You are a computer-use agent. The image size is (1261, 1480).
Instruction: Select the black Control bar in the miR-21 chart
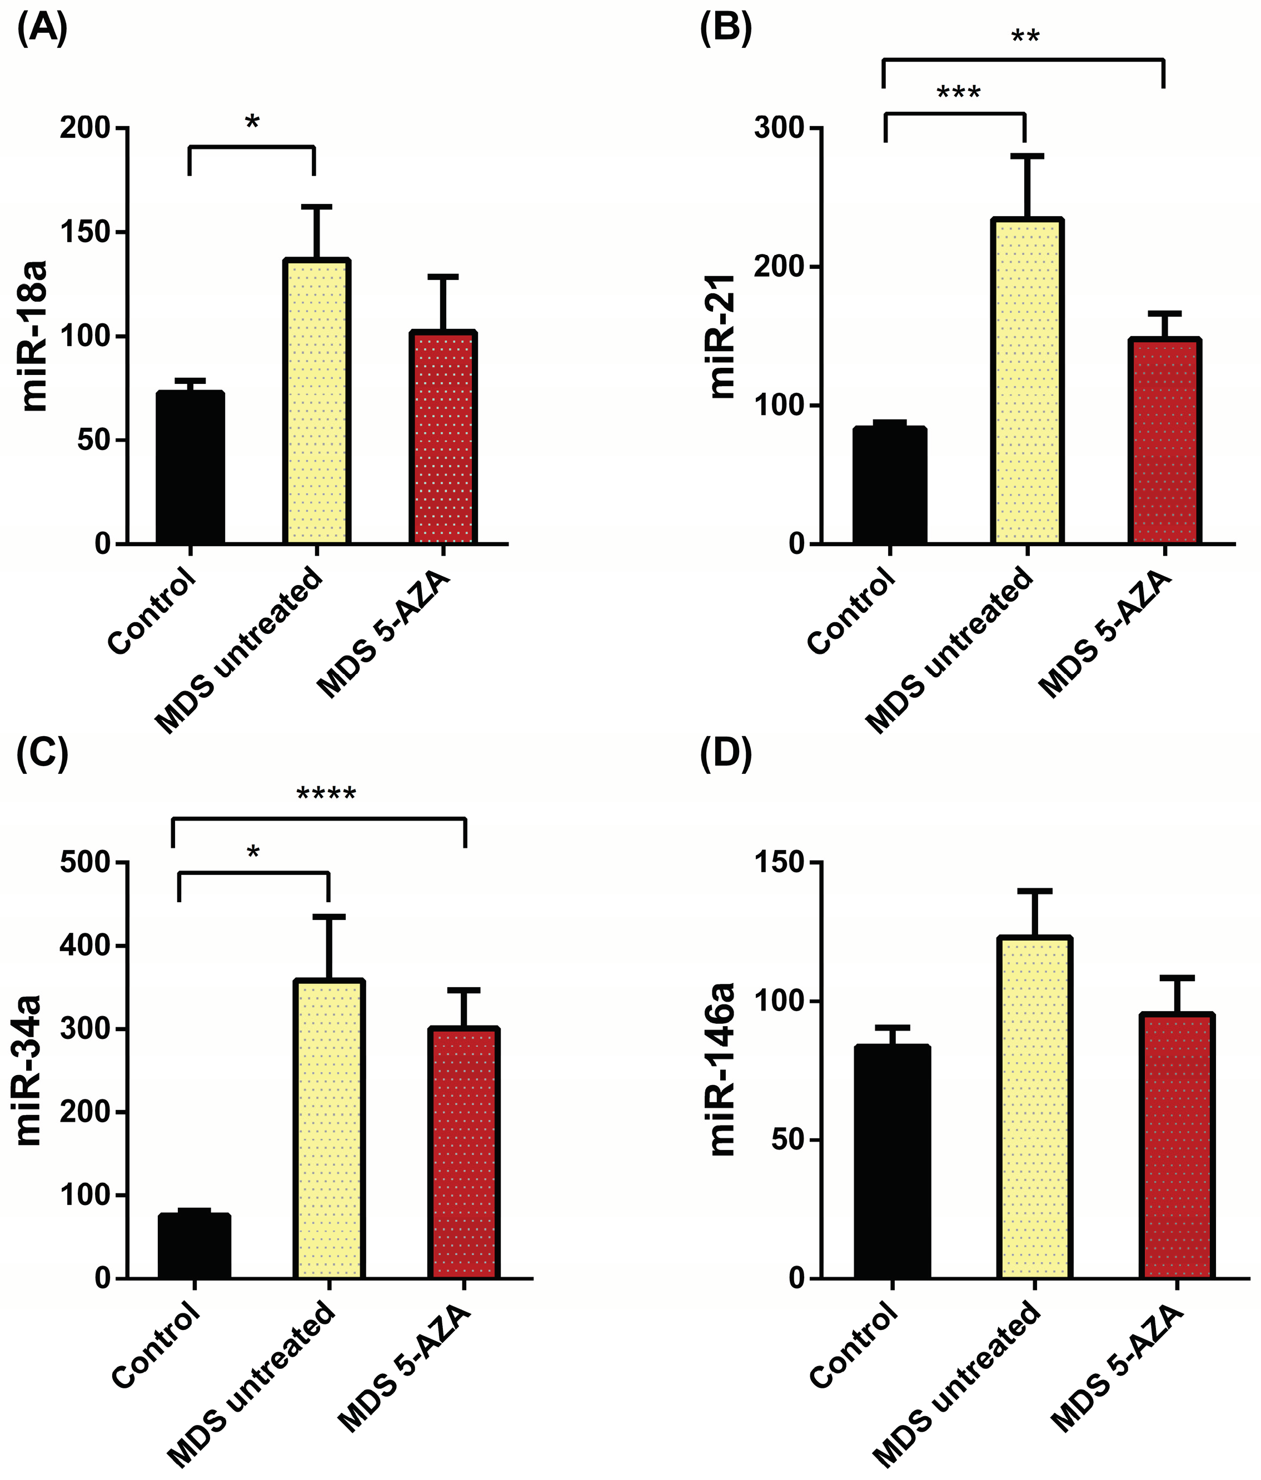pos(890,485)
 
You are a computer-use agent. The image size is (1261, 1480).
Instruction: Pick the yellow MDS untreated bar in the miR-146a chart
pos(1034,1107)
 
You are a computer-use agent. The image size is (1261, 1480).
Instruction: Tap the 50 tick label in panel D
pos(788,1140)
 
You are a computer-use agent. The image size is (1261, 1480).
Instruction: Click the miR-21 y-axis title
pos(723,336)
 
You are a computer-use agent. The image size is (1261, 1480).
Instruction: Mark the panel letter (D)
pos(725,756)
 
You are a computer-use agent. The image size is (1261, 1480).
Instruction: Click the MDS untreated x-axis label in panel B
pos(950,650)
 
